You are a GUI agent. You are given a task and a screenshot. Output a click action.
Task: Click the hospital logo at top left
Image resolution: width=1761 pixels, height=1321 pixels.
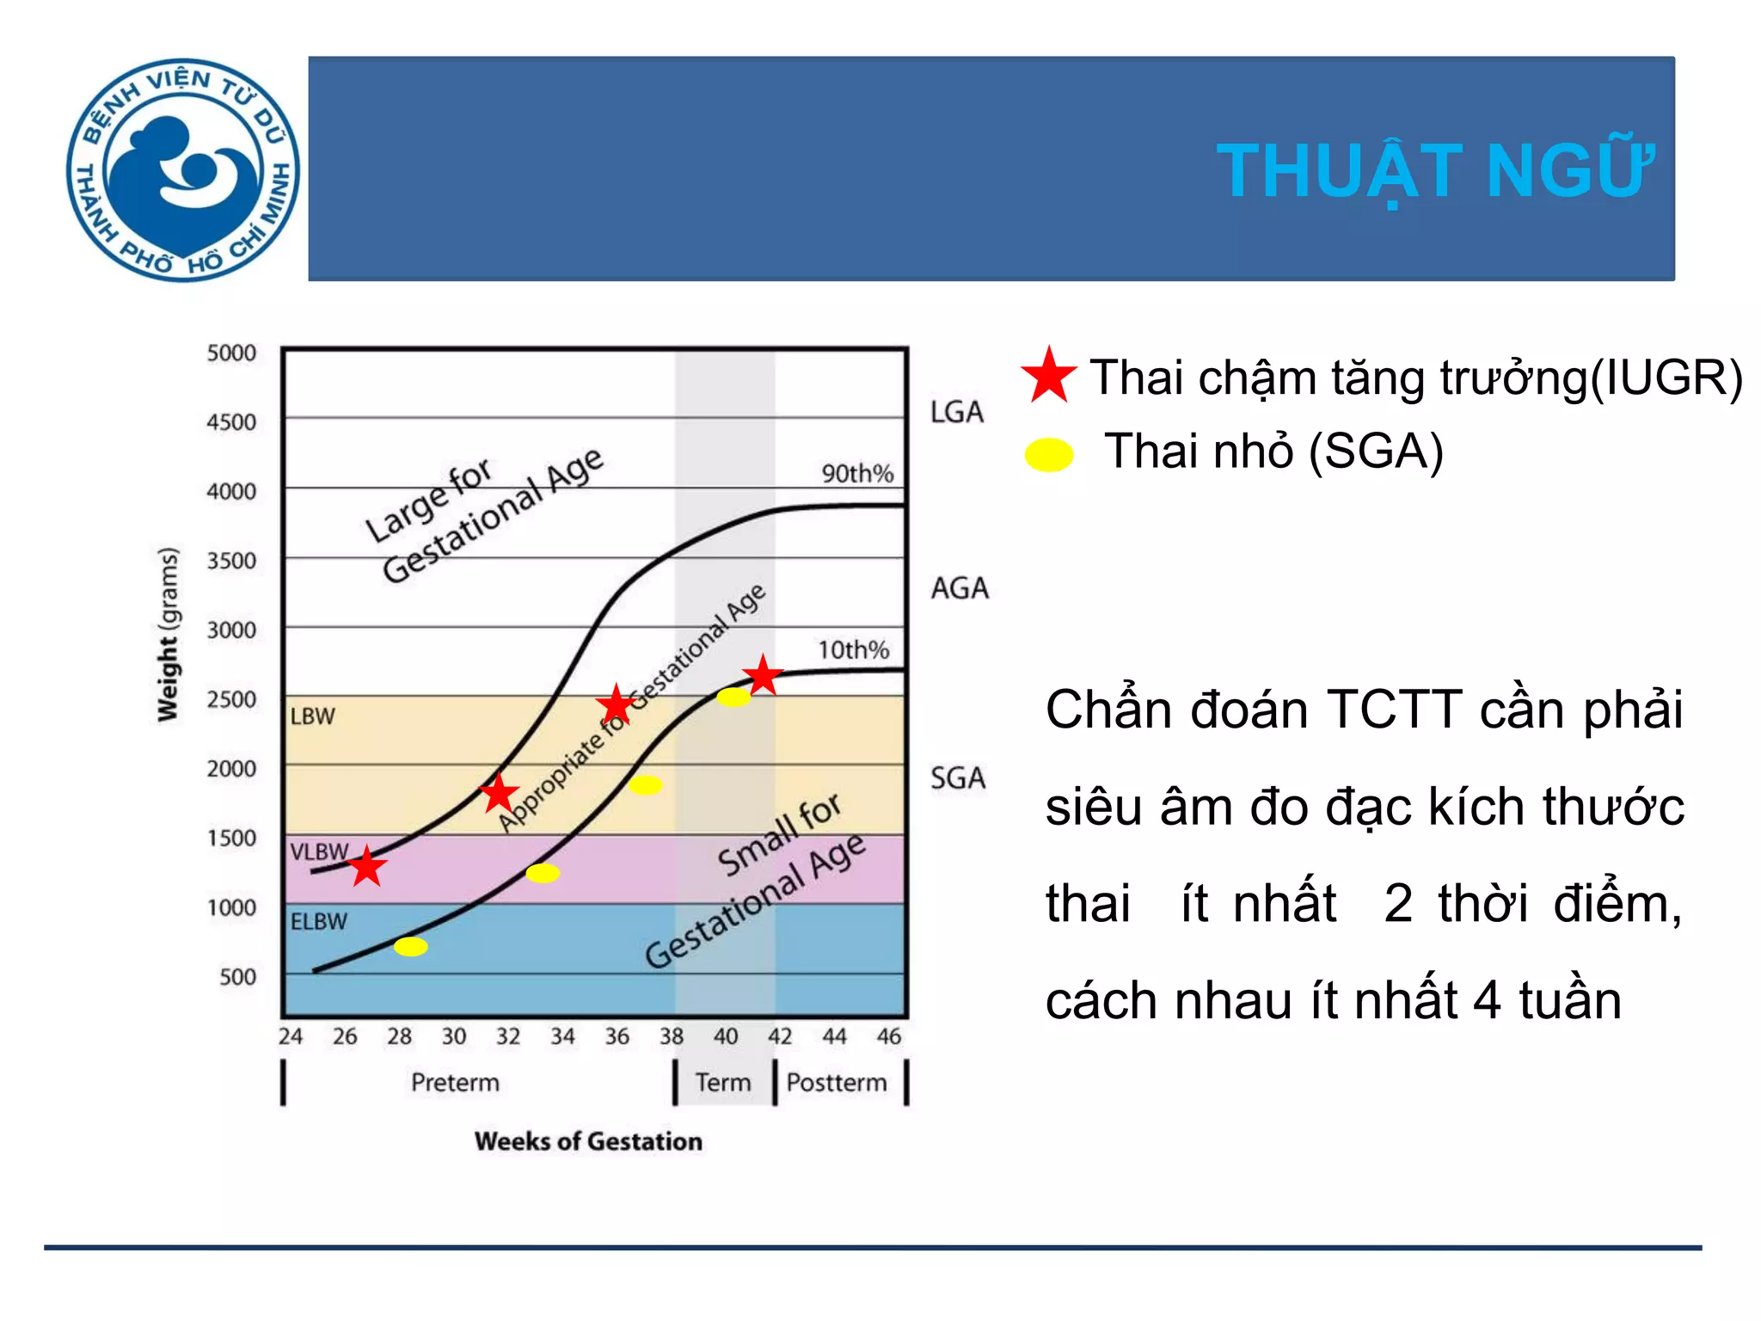tap(182, 169)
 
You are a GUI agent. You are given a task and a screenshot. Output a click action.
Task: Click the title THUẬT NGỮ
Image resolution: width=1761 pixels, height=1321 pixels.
tap(1434, 171)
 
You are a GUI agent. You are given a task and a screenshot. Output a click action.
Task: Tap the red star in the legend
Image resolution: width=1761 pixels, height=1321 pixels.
tap(1048, 376)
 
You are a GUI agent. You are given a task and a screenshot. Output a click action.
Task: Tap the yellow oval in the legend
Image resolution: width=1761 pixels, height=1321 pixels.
tap(1049, 454)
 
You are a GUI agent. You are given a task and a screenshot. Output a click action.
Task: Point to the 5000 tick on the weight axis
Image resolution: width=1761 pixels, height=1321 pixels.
tap(231, 353)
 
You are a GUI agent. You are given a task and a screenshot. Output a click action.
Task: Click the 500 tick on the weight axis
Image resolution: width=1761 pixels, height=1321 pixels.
tap(237, 977)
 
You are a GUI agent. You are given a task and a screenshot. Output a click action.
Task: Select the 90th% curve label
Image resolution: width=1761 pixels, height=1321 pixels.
tap(857, 474)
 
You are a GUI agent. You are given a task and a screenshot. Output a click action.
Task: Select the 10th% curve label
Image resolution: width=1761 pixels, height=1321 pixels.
tap(853, 649)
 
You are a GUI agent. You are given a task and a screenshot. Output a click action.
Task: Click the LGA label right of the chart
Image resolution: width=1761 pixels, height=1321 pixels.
tap(956, 412)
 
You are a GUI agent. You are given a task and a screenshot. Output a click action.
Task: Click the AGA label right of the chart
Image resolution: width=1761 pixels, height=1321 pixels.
tap(960, 588)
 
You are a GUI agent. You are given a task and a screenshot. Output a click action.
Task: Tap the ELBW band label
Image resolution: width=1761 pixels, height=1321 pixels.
tap(318, 922)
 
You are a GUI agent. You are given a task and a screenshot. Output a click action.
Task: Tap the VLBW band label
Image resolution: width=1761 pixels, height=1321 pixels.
tap(319, 852)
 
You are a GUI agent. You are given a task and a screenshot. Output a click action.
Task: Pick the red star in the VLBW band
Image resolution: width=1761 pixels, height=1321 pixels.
tap(367, 867)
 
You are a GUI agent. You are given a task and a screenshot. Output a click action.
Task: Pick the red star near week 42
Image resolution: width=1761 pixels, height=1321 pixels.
tap(763, 675)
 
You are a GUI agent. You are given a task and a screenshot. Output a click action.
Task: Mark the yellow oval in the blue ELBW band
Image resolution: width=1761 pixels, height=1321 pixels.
tap(411, 947)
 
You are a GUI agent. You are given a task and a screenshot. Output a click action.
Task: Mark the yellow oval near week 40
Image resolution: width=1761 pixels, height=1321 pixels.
tap(733, 697)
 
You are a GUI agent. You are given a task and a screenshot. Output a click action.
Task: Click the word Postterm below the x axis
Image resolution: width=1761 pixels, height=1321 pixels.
tap(836, 1082)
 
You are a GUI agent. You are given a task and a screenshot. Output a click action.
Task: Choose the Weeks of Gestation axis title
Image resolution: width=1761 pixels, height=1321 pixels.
tap(588, 1141)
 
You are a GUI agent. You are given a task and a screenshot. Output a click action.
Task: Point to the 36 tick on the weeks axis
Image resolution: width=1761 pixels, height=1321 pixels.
tap(617, 1036)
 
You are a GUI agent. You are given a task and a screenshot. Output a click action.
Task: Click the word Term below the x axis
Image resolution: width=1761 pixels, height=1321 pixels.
tap(722, 1082)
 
